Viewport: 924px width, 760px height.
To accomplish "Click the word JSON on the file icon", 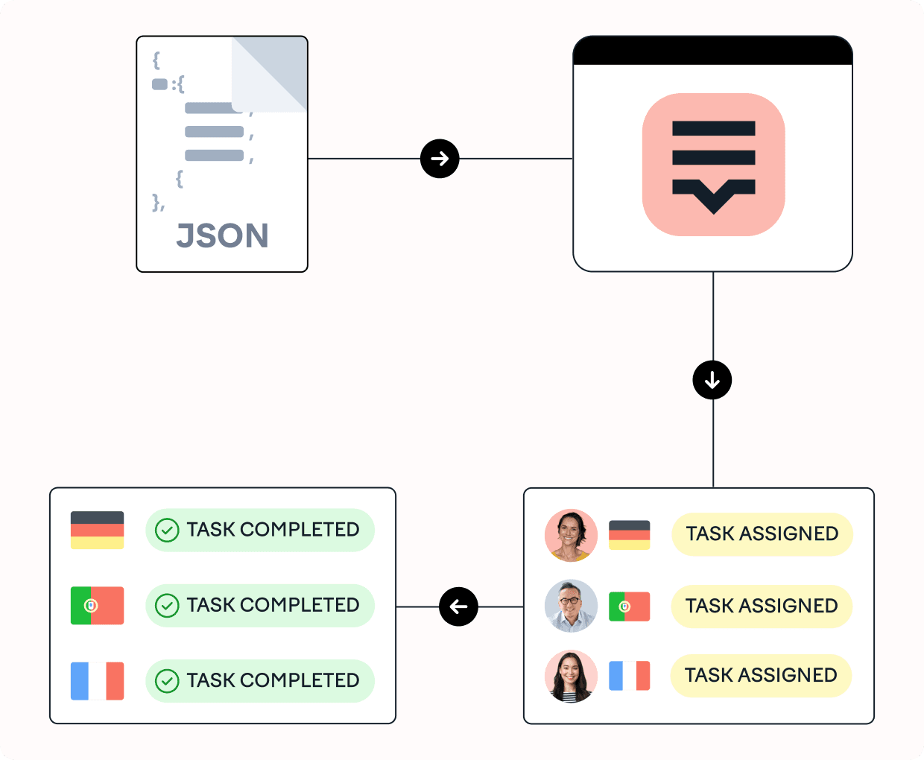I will click(x=222, y=236).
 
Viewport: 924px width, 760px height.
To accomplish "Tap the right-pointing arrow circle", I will click(x=440, y=159).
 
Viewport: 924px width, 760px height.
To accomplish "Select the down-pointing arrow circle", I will click(x=712, y=380).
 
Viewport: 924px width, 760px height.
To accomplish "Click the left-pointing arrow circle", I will click(x=458, y=607).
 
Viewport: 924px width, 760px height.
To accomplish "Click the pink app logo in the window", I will click(x=713, y=165).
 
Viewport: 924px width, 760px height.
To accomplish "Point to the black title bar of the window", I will click(x=712, y=51).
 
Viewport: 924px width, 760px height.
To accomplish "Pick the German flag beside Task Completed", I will click(x=97, y=530).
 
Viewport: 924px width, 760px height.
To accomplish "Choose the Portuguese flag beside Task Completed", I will click(x=97, y=606).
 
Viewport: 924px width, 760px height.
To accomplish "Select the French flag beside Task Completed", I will click(x=97, y=681).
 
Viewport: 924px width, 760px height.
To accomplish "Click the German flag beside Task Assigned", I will click(x=629, y=535).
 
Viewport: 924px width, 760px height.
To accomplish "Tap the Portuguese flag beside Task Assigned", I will click(x=629, y=607).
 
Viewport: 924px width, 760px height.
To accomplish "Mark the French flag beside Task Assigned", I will click(x=629, y=676).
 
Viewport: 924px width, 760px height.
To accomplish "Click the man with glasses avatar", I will click(x=571, y=606).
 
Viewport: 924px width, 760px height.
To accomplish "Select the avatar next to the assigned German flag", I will click(x=571, y=535).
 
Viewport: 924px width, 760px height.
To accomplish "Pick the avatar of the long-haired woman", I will click(x=571, y=677).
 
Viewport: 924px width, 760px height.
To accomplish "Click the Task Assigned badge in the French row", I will click(x=761, y=676).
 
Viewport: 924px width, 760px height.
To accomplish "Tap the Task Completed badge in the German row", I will click(x=260, y=530).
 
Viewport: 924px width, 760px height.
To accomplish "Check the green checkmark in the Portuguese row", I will click(x=167, y=606).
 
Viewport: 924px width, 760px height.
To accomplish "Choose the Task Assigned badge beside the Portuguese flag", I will click(x=762, y=607).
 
